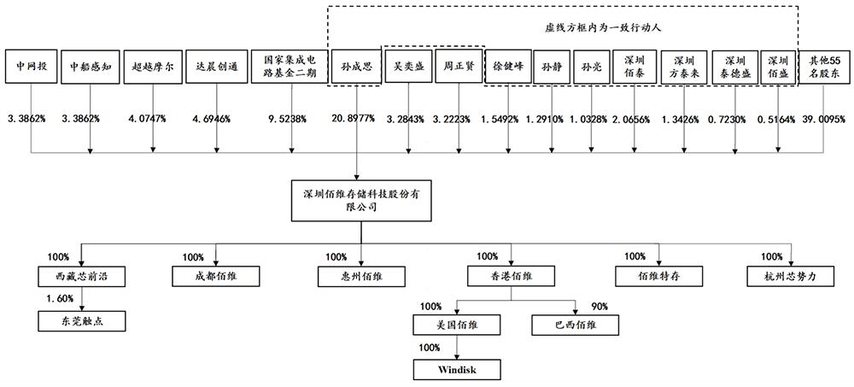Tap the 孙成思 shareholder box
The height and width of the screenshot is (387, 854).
[355, 65]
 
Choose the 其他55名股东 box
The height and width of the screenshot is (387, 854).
[823, 65]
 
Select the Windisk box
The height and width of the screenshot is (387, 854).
[456, 369]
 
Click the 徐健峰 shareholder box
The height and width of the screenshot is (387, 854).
[507, 65]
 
